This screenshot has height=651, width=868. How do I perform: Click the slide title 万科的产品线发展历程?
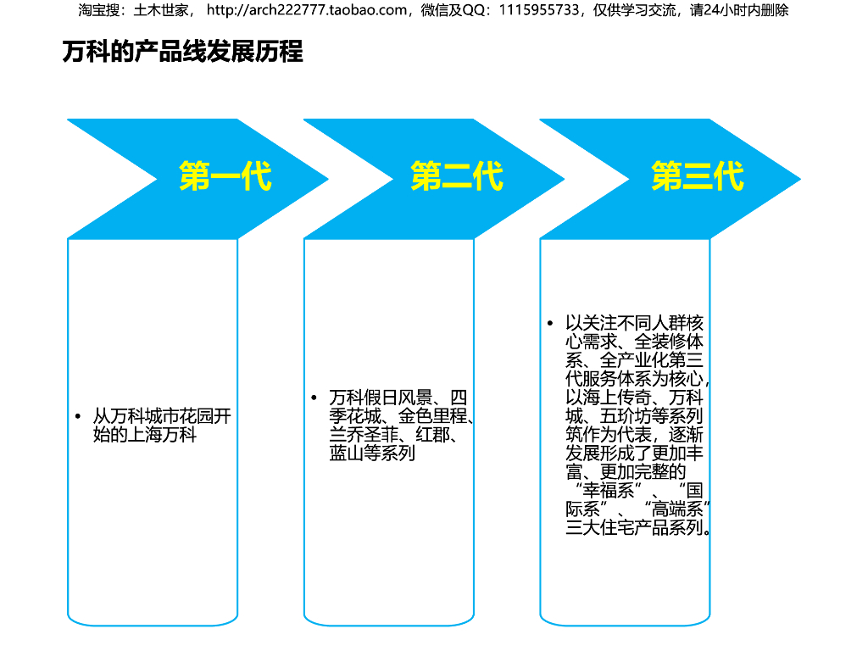coord(182,52)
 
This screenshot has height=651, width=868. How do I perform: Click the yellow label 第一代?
coord(225,177)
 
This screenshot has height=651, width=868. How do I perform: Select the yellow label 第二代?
coord(457,177)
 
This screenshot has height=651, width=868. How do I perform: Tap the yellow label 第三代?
coord(697,177)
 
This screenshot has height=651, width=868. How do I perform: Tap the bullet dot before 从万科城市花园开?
coord(77,417)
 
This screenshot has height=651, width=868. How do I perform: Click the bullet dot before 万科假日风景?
coord(314,398)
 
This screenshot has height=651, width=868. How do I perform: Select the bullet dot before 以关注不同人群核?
coord(550,324)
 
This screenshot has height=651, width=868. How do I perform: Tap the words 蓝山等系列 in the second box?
coord(372,454)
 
